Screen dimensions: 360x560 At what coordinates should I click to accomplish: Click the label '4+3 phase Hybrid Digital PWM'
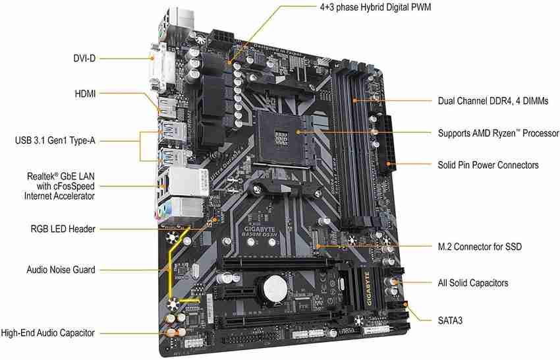click(x=376, y=7)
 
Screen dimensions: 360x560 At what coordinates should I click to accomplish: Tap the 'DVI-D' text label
click(x=84, y=58)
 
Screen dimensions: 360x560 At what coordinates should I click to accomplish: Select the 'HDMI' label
click(x=85, y=94)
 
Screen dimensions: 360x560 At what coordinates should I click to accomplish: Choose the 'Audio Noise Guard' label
click(x=61, y=270)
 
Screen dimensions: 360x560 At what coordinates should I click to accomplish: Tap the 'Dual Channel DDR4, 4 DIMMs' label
click(x=493, y=101)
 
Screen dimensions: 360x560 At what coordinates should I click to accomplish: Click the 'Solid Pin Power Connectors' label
click(x=488, y=165)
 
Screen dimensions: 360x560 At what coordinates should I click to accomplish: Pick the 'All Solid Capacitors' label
click(x=473, y=283)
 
